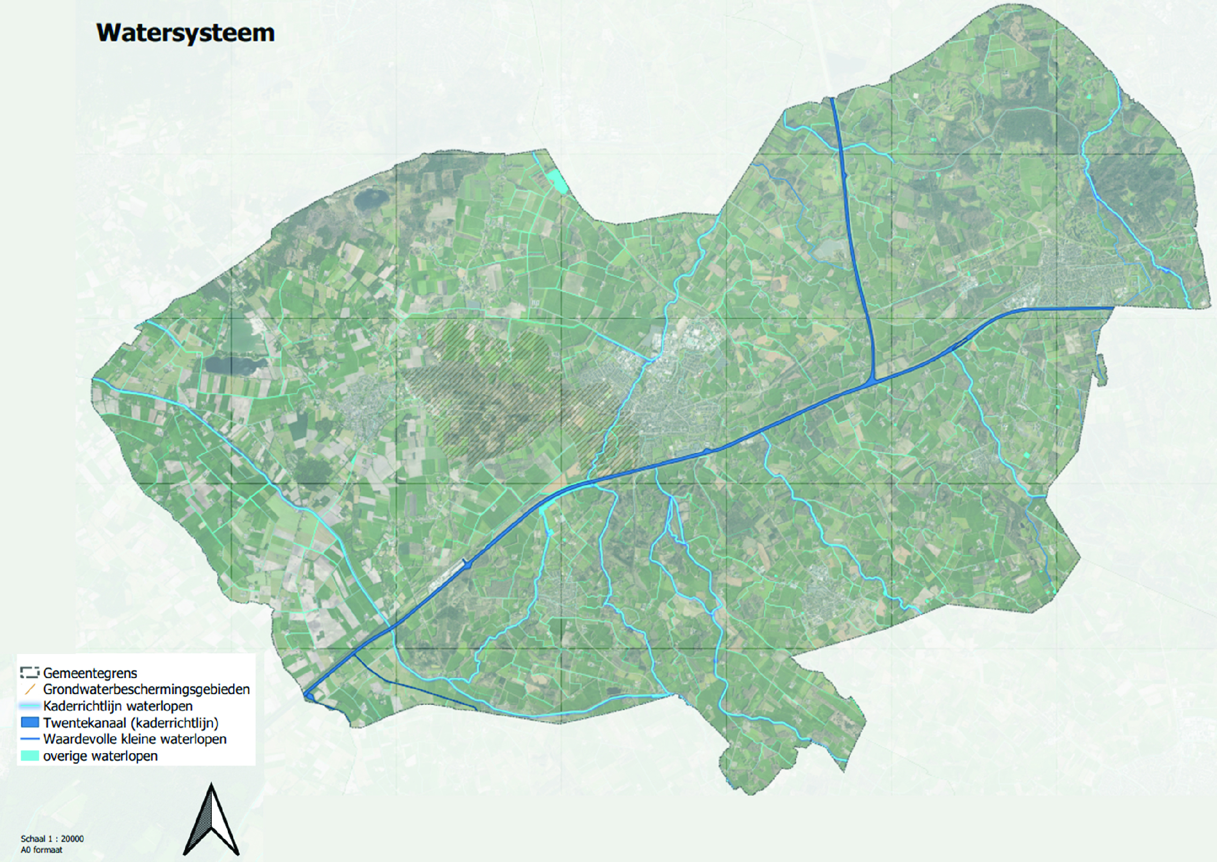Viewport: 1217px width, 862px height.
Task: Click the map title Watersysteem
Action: click(x=185, y=33)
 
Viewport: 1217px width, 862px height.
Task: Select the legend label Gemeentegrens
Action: click(x=90, y=673)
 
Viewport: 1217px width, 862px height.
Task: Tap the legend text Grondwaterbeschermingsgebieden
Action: click(x=146, y=689)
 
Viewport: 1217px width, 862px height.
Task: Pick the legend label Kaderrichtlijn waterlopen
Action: click(x=118, y=706)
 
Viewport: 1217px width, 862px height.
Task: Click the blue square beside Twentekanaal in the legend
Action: click(x=30, y=723)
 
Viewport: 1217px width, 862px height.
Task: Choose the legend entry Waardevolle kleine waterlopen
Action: click(x=135, y=739)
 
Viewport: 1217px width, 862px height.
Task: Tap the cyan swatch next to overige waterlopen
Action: click(x=30, y=756)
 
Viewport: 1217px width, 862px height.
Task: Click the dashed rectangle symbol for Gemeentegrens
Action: click(x=30, y=673)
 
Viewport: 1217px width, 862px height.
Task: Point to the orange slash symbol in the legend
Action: click(x=30, y=689)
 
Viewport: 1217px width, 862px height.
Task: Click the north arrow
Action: click(x=211, y=820)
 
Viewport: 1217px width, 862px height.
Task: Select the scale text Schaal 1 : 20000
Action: click(x=52, y=839)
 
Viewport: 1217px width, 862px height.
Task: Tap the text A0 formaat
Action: click(x=41, y=850)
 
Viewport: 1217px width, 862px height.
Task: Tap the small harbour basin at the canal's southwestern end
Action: click(x=309, y=696)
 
